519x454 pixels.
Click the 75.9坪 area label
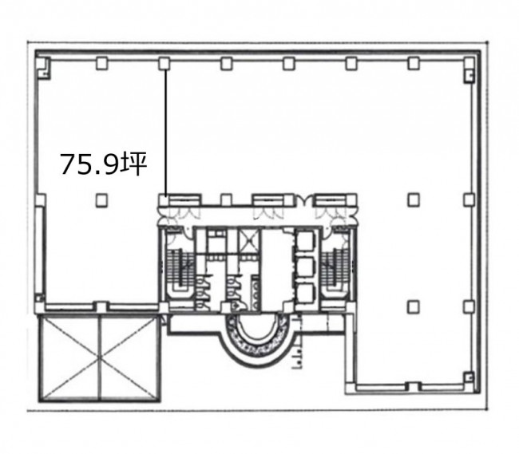point(103,164)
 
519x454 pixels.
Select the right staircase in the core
point(335,267)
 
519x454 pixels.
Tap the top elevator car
point(304,241)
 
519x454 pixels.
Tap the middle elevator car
point(304,267)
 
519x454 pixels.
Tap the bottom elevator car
point(304,293)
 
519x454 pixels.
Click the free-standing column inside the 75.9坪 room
point(101,199)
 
